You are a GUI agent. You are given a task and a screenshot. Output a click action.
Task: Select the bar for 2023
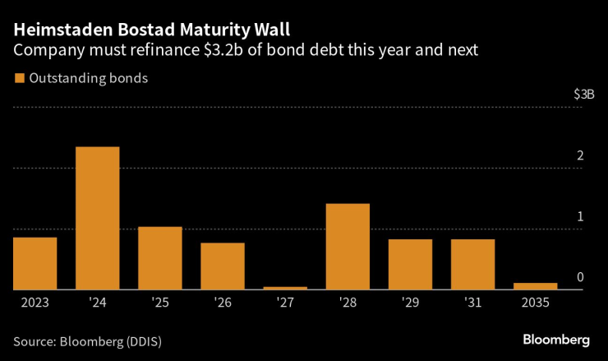(x=35, y=263)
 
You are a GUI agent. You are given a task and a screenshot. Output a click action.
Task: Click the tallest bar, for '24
(x=98, y=218)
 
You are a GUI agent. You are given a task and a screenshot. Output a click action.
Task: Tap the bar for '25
(x=160, y=258)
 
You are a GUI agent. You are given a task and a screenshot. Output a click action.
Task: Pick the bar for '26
(x=223, y=266)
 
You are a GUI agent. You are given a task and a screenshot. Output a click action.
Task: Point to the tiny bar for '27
(x=285, y=288)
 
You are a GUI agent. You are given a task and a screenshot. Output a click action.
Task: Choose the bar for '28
(x=348, y=247)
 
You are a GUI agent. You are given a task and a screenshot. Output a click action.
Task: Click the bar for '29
(x=410, y=264)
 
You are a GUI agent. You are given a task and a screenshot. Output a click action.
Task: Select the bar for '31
(x=472, y=264)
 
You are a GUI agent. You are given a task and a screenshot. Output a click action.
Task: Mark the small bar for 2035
(x=535, y=286)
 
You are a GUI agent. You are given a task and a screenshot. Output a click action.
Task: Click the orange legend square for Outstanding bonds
(x=18, y=79)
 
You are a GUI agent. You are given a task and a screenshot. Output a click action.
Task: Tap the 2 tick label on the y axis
(x=580, y=156)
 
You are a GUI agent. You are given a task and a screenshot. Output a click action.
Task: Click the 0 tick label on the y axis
(x=580, y=277)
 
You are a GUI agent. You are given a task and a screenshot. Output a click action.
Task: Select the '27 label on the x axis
(x=285, y=303)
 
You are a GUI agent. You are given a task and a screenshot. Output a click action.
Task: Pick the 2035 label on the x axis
(x=535, y=303)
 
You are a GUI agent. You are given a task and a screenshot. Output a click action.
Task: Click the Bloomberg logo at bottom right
(x=556, y=339)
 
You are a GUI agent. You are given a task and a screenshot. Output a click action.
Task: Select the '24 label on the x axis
(x=98, y=303)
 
